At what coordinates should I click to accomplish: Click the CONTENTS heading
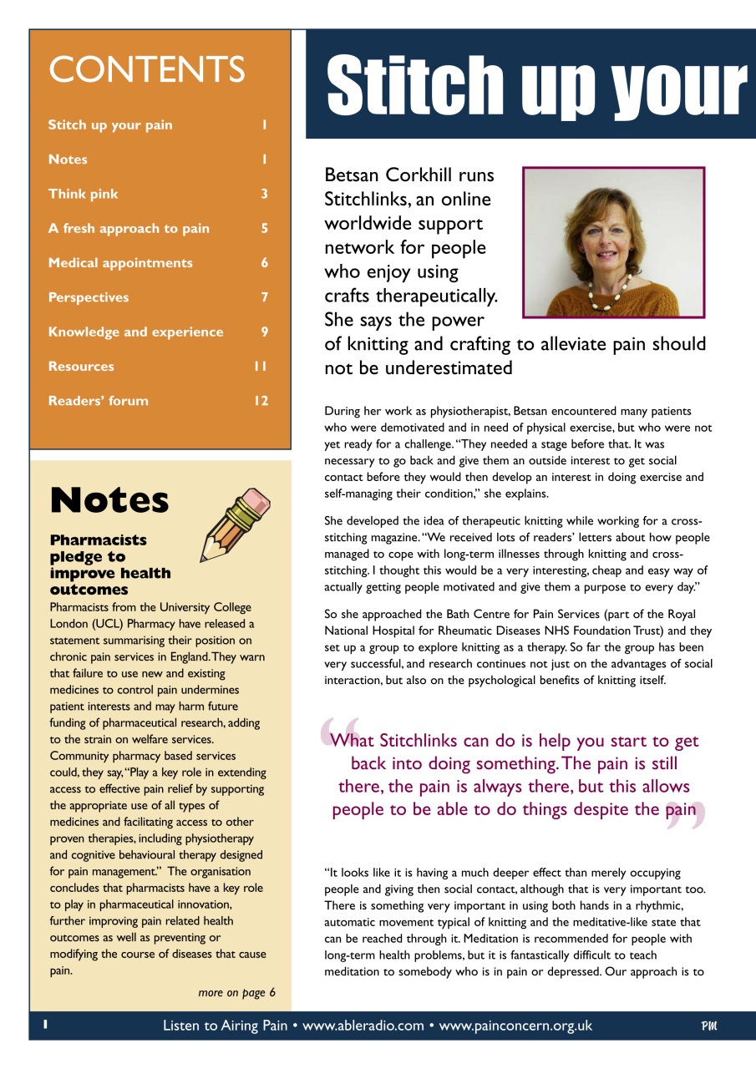146,69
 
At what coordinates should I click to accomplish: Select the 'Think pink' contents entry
83,194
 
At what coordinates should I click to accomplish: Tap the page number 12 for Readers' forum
261,401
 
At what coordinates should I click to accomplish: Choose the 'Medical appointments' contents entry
120,263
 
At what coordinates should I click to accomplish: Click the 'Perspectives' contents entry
89,297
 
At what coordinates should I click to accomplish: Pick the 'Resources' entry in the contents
81,367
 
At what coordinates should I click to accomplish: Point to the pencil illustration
235,525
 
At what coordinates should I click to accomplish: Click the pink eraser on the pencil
257,502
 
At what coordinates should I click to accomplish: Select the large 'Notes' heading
109,500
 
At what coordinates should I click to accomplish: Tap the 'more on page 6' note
236,992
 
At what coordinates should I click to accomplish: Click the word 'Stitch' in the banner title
415,84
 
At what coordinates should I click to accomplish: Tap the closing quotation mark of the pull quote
687,816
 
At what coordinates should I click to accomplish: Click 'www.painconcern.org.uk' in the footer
515,1026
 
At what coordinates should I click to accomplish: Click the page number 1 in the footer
47,1024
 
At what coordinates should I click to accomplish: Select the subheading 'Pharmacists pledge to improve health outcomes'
110,565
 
